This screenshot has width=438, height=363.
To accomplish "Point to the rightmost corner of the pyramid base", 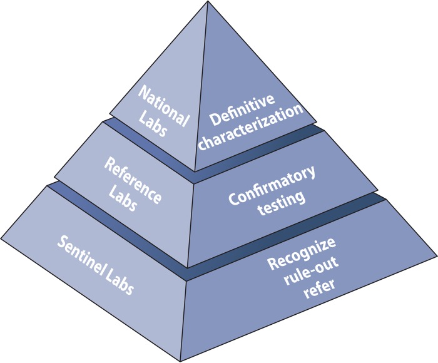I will [435, 255].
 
